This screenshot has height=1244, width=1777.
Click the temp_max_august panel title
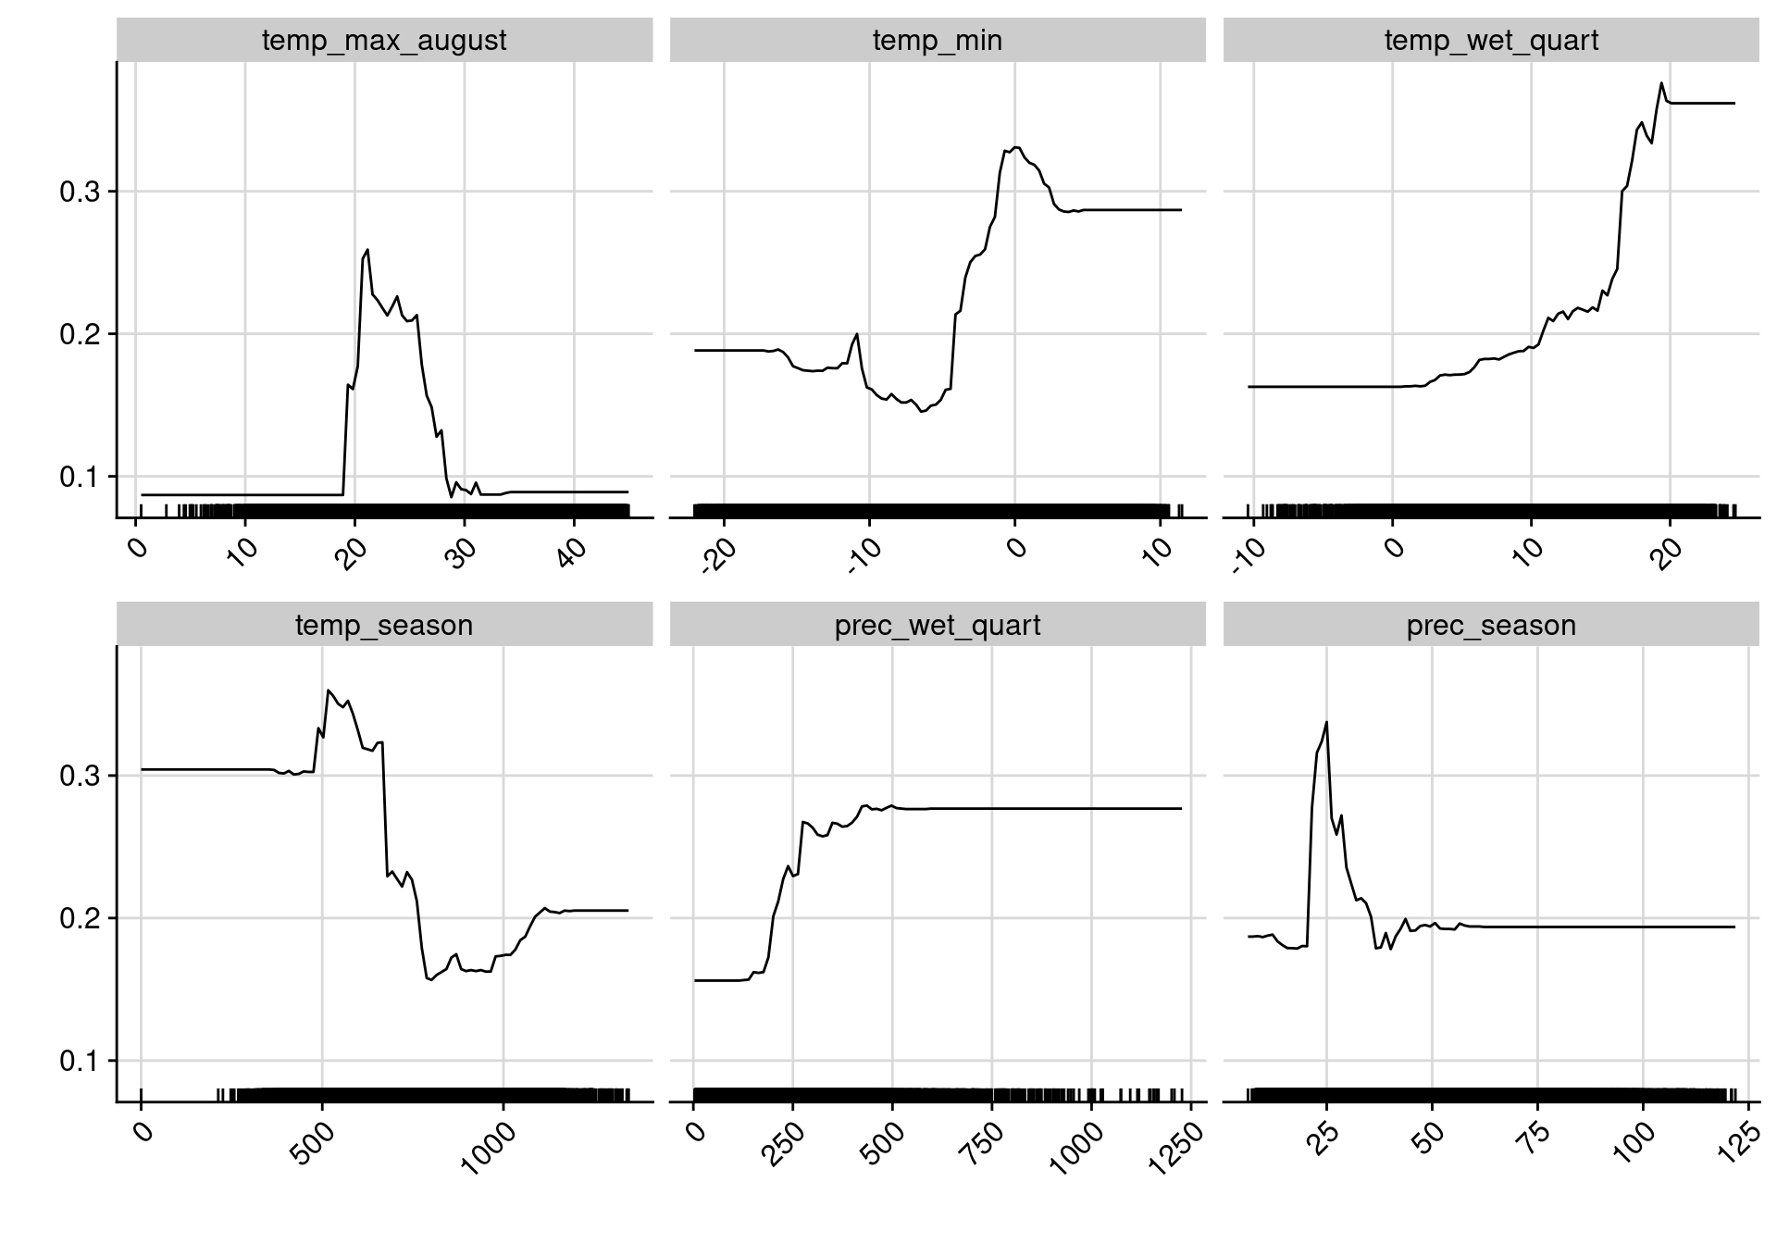(x=384, y=41)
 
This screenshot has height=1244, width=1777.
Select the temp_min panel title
(x=937, y=41)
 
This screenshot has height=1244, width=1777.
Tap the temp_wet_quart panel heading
(x=1490, y=41)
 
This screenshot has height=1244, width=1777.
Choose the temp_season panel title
(x=384, y=626)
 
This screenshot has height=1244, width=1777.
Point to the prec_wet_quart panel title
(x=937, y=626)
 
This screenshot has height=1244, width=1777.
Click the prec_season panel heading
(x=1490, y=626)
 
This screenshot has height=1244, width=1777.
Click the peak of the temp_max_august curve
(x=367, y=249)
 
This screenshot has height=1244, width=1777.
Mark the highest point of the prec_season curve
(x=1326, y=722)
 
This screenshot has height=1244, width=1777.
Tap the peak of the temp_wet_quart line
(x=1661, y=83)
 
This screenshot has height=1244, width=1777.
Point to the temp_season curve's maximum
(x=329, y=690)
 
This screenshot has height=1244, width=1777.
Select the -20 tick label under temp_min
(x=719, y=558)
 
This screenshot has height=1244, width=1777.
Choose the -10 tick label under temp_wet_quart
(x=1249, y=558)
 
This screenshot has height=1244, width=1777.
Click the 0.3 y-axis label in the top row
(x=78, y=193)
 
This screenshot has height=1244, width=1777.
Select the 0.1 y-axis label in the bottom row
(x=78, y=1062)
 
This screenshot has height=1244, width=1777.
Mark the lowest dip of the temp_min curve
(x=922, y=411)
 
